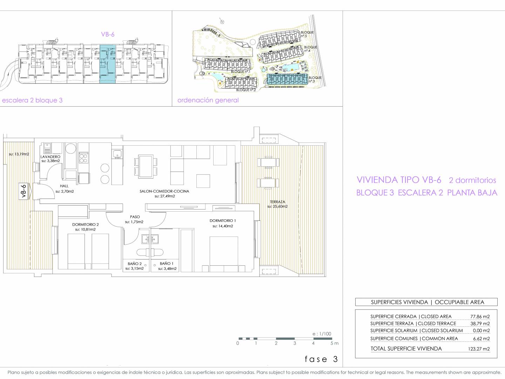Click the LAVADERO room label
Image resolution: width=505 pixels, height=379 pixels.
(50, 157)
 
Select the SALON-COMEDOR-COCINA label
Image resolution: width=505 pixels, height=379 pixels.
(164, 191)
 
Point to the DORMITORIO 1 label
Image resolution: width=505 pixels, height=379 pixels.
(223, 220)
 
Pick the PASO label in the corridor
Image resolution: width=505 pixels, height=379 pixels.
(135, 217)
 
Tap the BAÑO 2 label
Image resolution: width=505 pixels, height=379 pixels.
(135, 264)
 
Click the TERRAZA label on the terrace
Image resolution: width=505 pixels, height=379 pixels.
(277, 202)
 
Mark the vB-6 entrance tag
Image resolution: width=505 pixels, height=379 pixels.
(24, 191)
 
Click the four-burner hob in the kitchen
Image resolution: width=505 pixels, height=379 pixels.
(83, 158)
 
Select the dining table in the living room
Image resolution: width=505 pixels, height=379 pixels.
(146, 166)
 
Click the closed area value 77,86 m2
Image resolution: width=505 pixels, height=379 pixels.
(480, 317)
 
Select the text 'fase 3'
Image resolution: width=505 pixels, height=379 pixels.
(321, 359)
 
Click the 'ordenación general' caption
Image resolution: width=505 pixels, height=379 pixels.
(208, 100)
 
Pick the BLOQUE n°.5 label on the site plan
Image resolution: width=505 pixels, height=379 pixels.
(307, 34)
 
